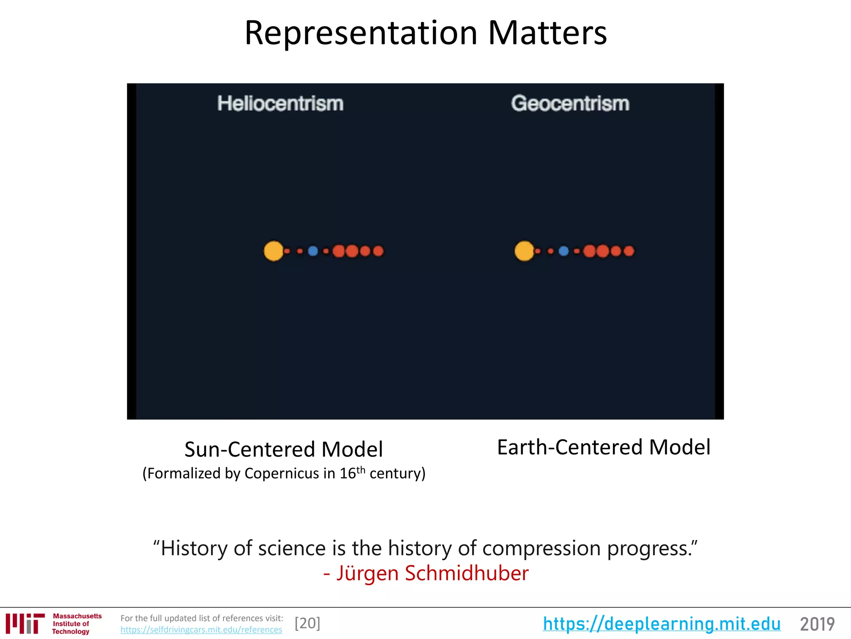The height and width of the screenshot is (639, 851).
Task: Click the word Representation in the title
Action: click(x=361, y=33)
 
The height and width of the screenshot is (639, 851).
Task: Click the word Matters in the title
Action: click(x=547, y=33)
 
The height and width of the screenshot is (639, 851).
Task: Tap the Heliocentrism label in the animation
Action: click(x=280, y=104)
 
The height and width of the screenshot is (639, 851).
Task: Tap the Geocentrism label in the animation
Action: click(x=570, y=104)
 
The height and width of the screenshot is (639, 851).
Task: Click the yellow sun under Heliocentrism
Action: click(x=273, y=251)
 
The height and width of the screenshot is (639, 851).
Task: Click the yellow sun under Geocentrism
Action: click(x=524, y=251)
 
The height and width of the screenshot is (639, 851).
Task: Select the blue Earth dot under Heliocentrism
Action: click(x=313, y=251)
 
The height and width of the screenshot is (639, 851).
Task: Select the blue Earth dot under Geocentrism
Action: click(x=563, y=251)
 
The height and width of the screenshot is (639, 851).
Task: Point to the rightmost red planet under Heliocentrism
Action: click(x=378, y=251)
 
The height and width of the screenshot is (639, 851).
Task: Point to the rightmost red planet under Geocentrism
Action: click(x=629, y=251)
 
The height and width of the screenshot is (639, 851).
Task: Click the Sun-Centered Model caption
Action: click(x=283, y=449)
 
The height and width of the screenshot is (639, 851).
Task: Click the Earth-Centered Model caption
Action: click(x=603, y=447)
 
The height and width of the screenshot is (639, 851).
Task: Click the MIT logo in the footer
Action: click(x=25, y=624)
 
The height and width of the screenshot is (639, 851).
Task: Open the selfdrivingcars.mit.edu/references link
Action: click(x=201, y=630)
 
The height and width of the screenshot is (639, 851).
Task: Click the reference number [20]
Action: click(x=307, y=623)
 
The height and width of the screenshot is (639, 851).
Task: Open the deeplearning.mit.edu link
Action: click(x=662, y=624)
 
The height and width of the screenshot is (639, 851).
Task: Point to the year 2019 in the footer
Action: click(x=817, y=624)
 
